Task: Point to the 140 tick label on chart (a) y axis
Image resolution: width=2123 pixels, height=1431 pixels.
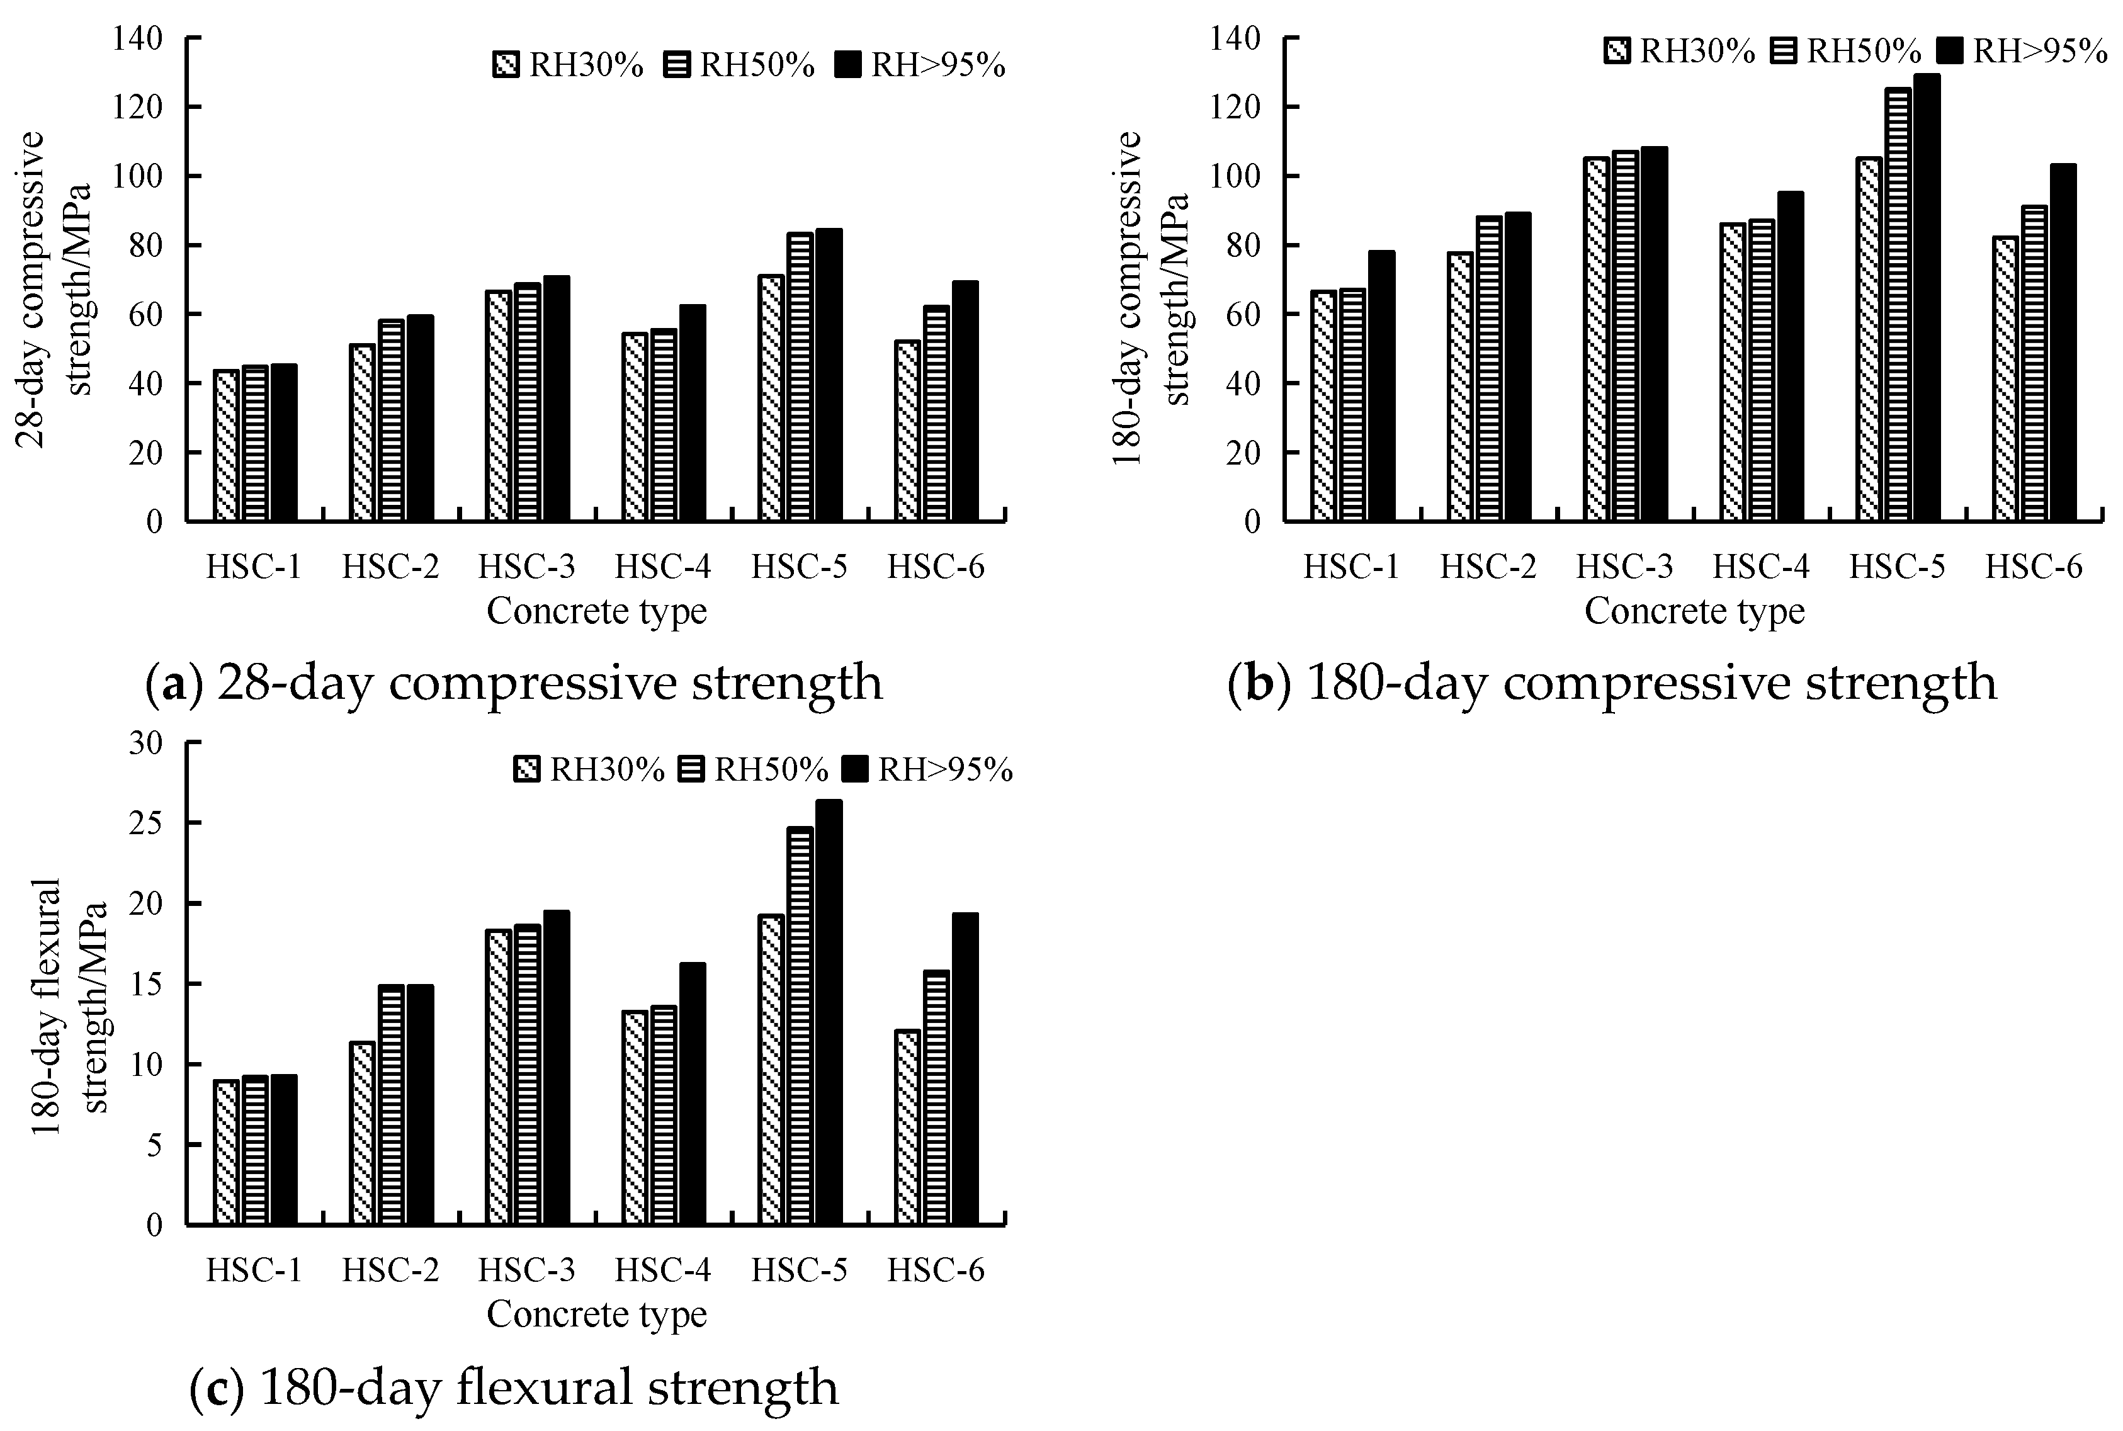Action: tap(137, 38)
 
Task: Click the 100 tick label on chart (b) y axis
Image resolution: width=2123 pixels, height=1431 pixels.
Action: tap(1234, 176)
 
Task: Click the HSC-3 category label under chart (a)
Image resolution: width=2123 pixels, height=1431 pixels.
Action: tap(526, 567)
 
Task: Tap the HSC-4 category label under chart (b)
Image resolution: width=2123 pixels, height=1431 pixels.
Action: tap(1760, 567)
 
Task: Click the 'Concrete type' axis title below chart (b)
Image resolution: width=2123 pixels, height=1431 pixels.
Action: tap(1694, 611)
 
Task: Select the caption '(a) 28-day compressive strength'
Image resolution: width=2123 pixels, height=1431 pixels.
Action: tap(514, 682)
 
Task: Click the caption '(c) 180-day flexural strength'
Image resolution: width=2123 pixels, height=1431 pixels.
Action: tap(514, 1386)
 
